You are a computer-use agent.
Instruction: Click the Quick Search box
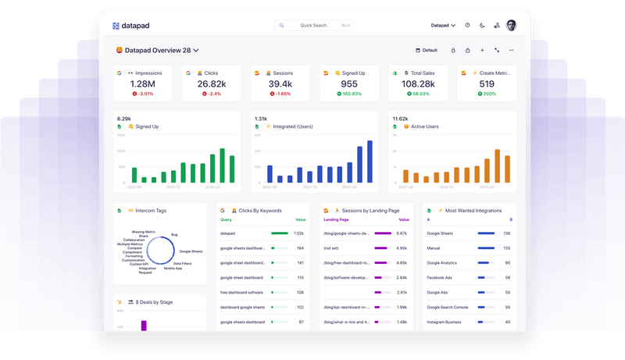tap(314, 25)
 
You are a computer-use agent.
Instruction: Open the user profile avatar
tap(511, 25)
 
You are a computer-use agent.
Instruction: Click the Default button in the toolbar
tap(427, 50)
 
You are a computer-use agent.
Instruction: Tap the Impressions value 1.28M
tap(142, 84)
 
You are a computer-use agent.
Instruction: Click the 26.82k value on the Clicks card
tap(211, 84)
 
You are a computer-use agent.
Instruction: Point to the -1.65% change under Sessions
tap(280, 94)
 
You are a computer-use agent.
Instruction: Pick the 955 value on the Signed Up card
tap(349, 84)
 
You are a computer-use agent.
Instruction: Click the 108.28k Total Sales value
tap(418, 84)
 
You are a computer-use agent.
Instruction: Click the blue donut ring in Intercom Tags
tap(148, 250)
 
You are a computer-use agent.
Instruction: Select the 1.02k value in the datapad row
tap(298, 233)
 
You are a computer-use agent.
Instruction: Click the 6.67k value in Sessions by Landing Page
tap(402, 233)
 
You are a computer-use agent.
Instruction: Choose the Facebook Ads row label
tap(441, 277)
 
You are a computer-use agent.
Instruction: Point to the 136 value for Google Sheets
tap(506, 233)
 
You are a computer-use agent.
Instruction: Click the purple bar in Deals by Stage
tap(144, 325)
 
